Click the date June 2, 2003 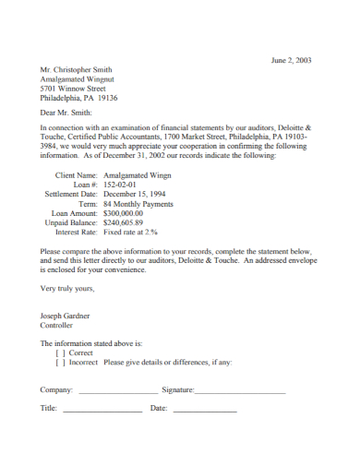click(291, 61)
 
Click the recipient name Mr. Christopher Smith click(77, 69)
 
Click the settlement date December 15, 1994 click(135, 194)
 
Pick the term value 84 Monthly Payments click(138, 203)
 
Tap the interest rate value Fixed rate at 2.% click(131, 233)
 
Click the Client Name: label click(77, 174)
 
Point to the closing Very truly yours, click(67, 288)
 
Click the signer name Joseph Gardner click(65, 316)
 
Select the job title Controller click(56, 326)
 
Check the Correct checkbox click(60, 352)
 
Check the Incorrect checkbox click(60, 363)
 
